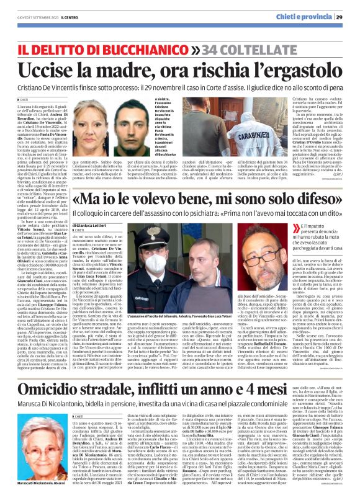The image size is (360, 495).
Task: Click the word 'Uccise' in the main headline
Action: click(49, 68)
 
